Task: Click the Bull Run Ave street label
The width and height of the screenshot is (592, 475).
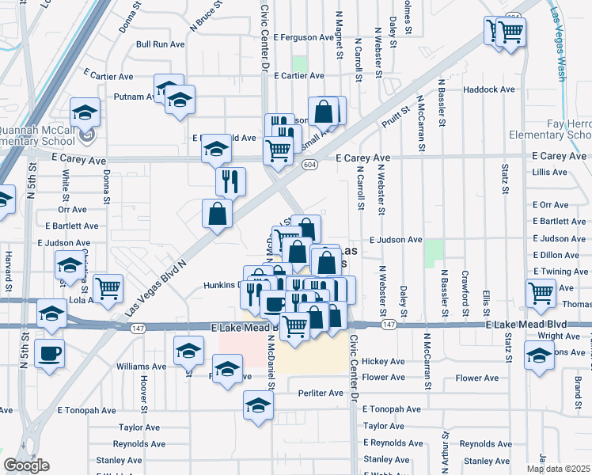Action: coord(161,45)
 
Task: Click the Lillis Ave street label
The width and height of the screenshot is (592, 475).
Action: coord(551,172)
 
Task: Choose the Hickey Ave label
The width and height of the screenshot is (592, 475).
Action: coord(383,361)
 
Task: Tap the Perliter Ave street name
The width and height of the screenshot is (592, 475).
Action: coord(320,393)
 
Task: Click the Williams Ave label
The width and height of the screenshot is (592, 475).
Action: coord(141,367)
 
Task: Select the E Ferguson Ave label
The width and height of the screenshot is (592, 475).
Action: coord(304,37)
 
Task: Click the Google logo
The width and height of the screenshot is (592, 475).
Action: coord(26,465)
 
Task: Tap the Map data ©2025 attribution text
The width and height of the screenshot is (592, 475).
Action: coord(558,468)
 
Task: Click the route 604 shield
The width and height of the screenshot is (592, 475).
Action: coord(309,163)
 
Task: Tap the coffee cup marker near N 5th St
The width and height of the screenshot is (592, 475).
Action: coord(50,352)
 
